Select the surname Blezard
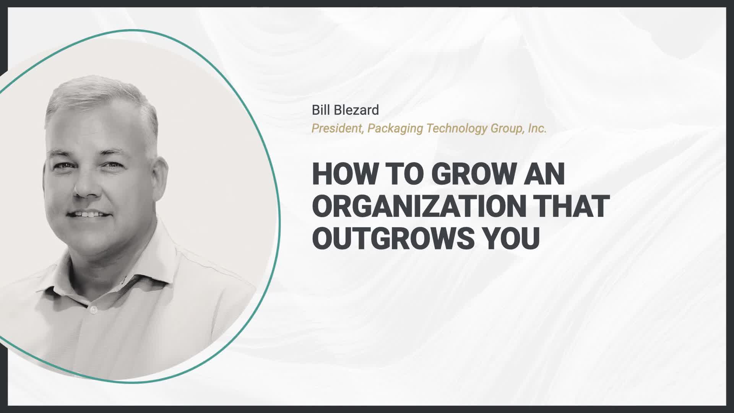click(357, 110)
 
